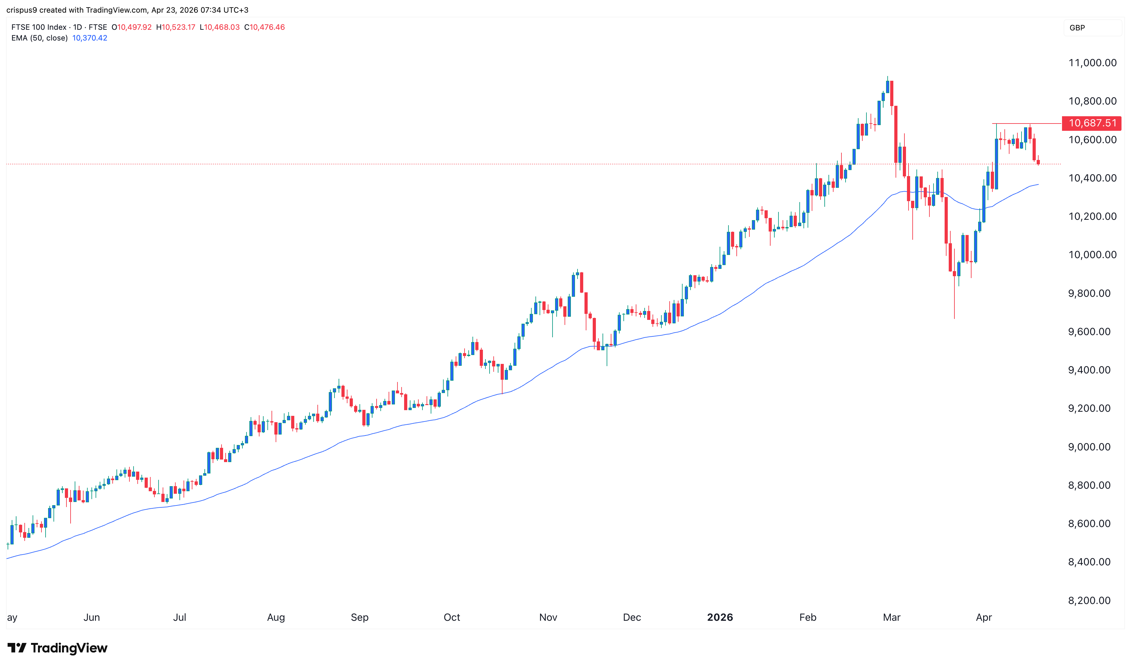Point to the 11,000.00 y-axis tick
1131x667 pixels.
click(1092, 63)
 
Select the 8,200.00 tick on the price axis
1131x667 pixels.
click(1089, 600)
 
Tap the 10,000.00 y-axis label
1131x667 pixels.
click(1092, 255)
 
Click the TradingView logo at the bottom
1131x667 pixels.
click(58, 648)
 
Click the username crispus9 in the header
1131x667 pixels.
click(22, 10)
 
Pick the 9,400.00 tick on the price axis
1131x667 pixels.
click(1089, 370)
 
